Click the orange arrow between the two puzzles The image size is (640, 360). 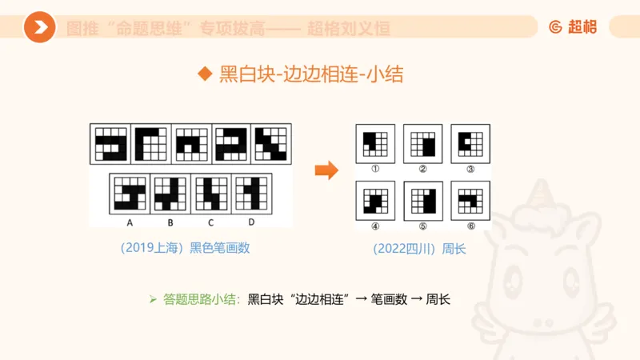point(325,170)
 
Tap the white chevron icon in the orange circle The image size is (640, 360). point(39,28)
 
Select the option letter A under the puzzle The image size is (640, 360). point(129,222)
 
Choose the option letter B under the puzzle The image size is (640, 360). point(170,222)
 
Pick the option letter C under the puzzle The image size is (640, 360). point(210,222)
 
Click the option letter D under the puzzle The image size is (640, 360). point(251,222)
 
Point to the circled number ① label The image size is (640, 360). point(374,169)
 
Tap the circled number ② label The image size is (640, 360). point(422,169)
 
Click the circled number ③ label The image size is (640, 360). point(470,169)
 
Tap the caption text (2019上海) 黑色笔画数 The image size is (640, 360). point(185,248)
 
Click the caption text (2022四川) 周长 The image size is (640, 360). point(419,248)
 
